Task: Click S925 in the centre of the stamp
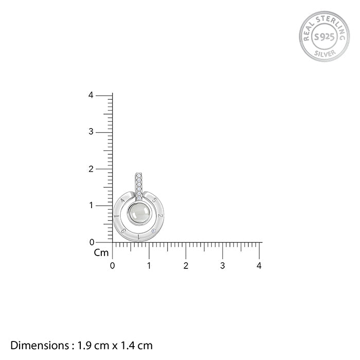(x=325, y=37)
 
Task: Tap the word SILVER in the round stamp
(x=325, y=53)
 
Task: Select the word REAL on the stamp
(x=309, y=31)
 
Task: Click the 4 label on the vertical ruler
(x=91, y=95)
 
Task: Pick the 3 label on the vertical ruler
(x=91, y=132)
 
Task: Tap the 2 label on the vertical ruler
(x=91, y=169)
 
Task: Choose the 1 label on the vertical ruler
(x=91, y=205)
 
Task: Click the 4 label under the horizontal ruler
(x=259, y=266)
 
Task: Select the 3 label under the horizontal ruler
(x=223, y=266)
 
